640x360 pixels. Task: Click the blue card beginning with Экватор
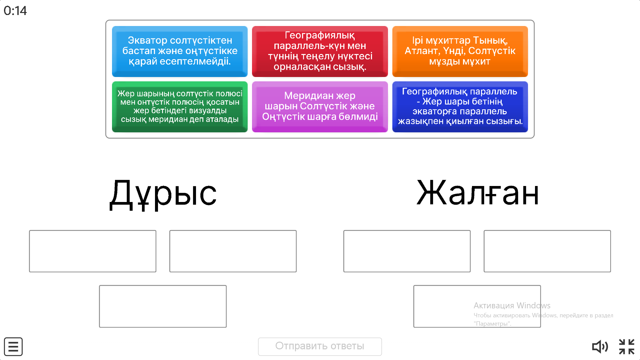180,51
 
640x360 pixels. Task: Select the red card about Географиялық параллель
320,51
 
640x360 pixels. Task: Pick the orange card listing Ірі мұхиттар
460,51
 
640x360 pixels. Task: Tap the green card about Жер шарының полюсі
180,106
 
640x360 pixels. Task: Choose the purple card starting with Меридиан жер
320,106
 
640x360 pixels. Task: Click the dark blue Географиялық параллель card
460,106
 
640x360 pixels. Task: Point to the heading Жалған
477,193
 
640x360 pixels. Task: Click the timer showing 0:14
15,11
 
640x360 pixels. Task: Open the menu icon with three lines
13,347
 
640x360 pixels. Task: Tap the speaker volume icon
600,347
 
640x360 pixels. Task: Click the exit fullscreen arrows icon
626,347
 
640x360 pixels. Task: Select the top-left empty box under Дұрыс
92,251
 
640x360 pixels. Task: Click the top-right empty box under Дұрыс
233,251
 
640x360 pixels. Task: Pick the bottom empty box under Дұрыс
163,306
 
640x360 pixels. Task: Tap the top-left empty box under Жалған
407,251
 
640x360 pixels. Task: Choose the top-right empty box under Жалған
547,251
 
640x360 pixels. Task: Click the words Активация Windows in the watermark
512,305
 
